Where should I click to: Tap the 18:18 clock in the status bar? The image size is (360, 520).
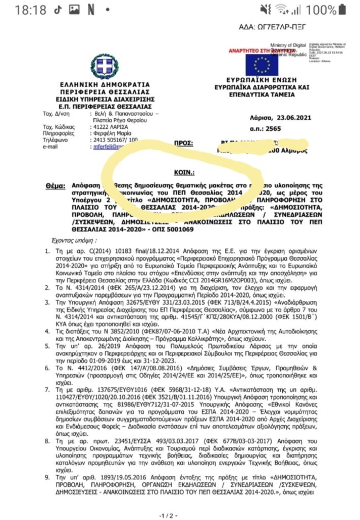(30, 10)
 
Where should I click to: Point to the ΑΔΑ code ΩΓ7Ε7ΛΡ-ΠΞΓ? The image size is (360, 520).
(279, 26)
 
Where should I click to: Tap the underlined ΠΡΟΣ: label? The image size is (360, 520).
(184, 144)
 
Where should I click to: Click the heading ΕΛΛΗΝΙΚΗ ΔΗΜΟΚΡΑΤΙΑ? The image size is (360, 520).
(105, 84)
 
